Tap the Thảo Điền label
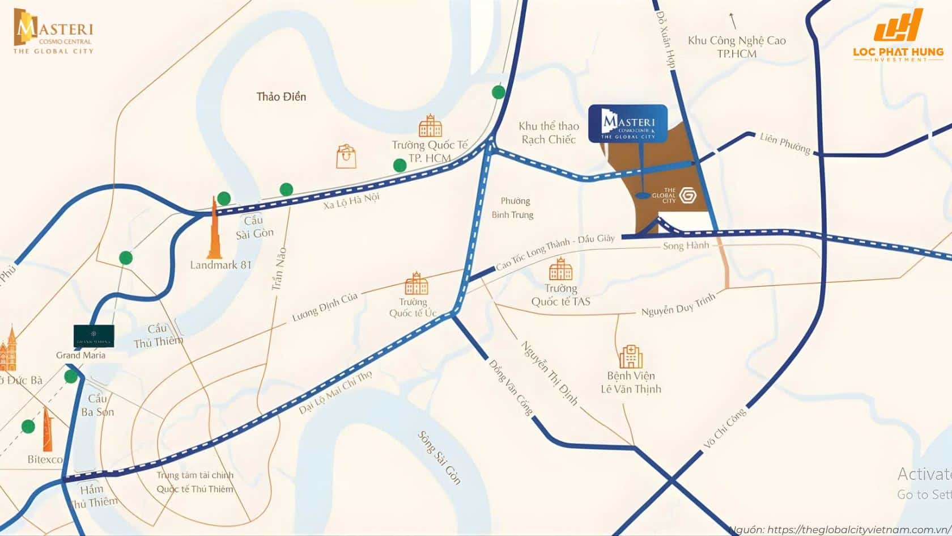pyautogui.click(x=281, y=96)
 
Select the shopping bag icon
pyautogui.click(x=346, y=156)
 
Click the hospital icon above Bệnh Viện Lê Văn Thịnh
pyautogui.click(x=631, y=356)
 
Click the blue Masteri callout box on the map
pyautogui.click(x=628, y=123)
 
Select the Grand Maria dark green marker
pyautogui.click(x=94, y=336)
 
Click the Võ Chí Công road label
pyautogui.click(x=725, y=429)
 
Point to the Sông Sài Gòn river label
pyautogui.click(x=439, y=457)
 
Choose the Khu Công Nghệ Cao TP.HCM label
pyautogui.click(x=737, y=47)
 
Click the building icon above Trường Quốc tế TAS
pyautogui.click(x=560, y=269)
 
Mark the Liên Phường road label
pyautogui.click(x=785, y=143)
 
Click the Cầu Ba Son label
pyautogui.click(x=97, y=405)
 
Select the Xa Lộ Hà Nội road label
pyautogui.click(x=351, y=200)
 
